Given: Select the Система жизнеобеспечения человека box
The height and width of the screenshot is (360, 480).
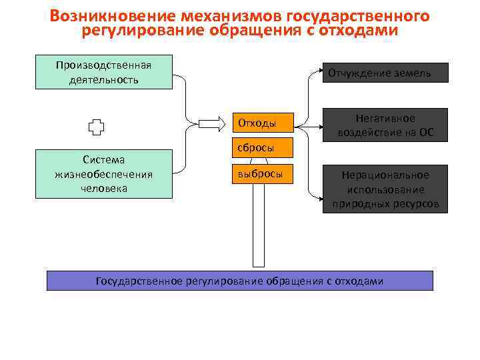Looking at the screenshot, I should point(104,174).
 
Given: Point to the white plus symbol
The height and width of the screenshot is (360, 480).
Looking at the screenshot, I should point(97,127).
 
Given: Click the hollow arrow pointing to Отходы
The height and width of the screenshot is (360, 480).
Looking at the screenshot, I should point(213,123).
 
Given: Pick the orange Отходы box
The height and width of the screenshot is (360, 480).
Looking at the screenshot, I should point(263,123).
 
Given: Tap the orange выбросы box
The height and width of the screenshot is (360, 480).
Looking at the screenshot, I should point(263,174).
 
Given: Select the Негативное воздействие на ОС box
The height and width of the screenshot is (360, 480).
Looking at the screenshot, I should point(385,125).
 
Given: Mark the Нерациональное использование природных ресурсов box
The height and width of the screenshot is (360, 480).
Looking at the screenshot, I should point(385,189).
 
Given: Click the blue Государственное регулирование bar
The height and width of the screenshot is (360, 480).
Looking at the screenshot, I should point(239,281).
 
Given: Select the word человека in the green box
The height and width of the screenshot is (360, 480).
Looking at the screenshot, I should point(104,188).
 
